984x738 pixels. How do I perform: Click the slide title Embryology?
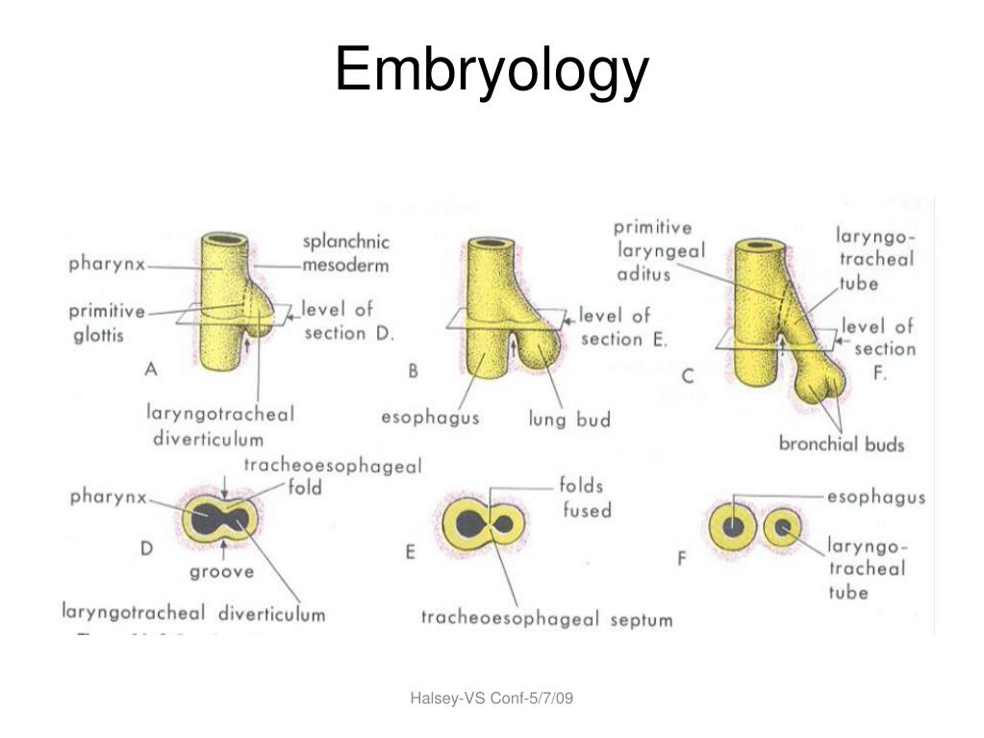click(492, 70)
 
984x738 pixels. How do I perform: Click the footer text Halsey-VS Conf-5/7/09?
click(492, 698)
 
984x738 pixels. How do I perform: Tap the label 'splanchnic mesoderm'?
click(345, 253)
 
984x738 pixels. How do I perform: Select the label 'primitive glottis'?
click(107, 322)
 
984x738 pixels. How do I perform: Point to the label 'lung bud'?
click(569, 420)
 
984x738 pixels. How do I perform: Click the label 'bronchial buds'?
click(842, 444)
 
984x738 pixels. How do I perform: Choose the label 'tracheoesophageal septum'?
click(546, 619)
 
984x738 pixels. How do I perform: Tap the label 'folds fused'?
click(586, 497)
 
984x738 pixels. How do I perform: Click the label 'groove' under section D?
click(221, 572)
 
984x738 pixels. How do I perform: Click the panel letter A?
click(151, 369)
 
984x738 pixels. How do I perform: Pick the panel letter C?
click(688, 376)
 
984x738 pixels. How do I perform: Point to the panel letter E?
click(410, 552)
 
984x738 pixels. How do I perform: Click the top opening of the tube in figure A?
click(224, 241)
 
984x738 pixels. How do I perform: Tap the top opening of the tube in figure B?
click(492, 243)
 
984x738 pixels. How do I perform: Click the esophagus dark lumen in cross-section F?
click(732, 526)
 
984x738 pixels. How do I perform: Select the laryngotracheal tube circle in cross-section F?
click(783, 527)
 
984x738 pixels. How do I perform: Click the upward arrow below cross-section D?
click(223, 549)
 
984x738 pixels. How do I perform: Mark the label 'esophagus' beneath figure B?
click(431, 418)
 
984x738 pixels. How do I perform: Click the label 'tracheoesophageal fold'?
click(333, 475)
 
